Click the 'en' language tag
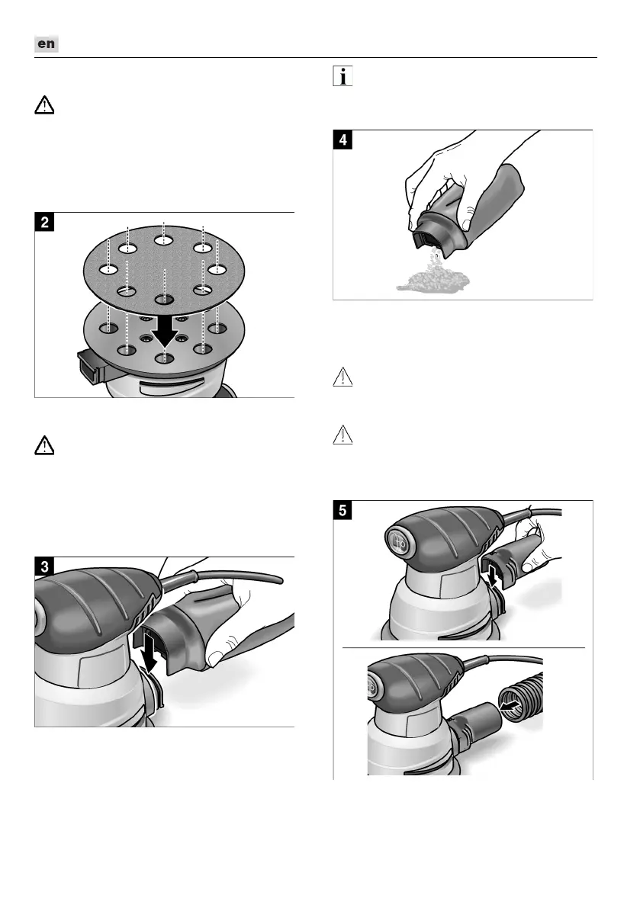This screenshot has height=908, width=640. pos(47,44)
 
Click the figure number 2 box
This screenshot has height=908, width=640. pos(47,223)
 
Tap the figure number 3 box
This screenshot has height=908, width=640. pos(47,567)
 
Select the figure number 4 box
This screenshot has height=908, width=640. pos(346,141)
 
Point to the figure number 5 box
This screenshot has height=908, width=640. pos(346,512)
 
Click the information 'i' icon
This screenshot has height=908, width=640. pos(343,77)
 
